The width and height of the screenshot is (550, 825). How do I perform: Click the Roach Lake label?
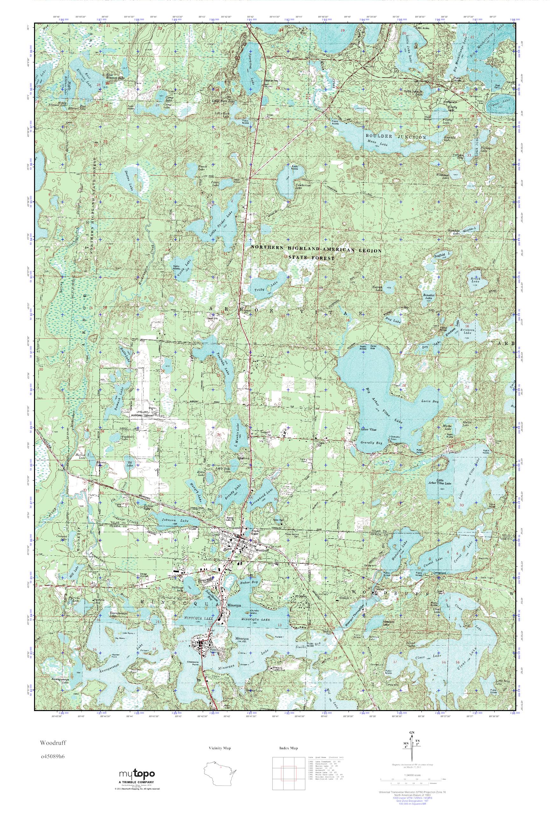pos(475,279)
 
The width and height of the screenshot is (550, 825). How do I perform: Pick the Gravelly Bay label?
pos(371,443)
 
